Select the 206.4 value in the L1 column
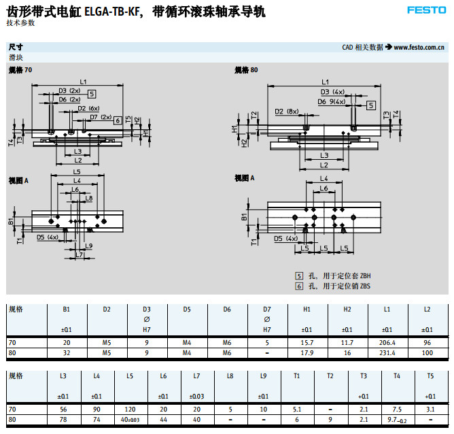click(x=387, y=342)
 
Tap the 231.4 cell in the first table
click(x=387, y=353)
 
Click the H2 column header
click(x=347, y=310)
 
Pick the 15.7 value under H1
click(x=307, y=342)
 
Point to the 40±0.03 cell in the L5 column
click(x=128, y=420)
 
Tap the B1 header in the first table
click(x=67, y=310)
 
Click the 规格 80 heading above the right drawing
click(x=246, y=69)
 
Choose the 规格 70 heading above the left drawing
click(x=20, y=70)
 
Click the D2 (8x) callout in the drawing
click(x=287, y=111)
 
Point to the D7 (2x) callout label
click(x=101, y=116)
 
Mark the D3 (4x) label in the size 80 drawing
click(x=332, y=92)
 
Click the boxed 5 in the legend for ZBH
click(x=298, y=276)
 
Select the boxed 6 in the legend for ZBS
click(x=298, y=286)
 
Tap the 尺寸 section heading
click(x=15, y=47)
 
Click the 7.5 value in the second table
click(x=396, y=410)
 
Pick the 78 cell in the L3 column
click(x=63, y=420)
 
